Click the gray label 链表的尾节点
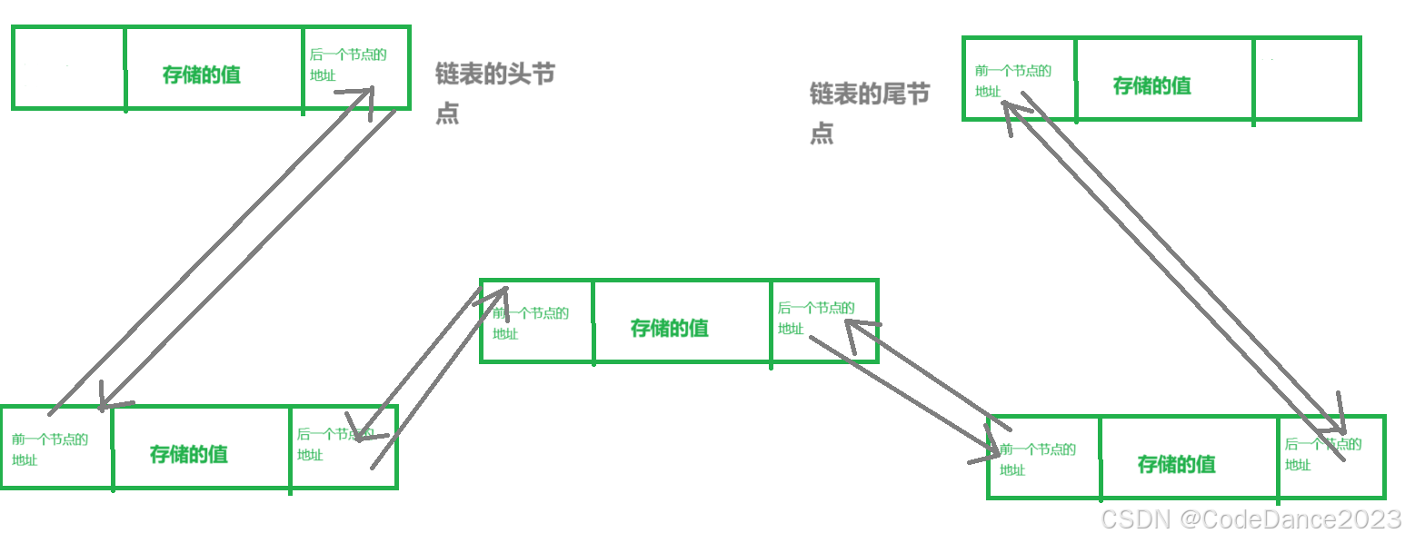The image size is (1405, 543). tap(869, 113)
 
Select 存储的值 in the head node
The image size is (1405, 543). tap(202, 74)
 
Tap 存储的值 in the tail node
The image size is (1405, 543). tap(1151, 85)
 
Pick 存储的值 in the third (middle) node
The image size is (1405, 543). tap(670, 328)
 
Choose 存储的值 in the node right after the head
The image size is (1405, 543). tap(189, 454)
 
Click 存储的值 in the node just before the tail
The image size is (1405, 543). tap(1177, 464)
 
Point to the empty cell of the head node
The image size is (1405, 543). tap(69, 68)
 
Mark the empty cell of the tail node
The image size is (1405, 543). tap(1306, 79)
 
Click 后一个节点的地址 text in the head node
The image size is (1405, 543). tap(347, 64)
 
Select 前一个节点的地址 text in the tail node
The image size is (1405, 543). tap(1012, 80)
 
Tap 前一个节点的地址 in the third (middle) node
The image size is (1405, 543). tap(531, 322)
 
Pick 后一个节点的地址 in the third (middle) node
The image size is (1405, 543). tap(815, 317)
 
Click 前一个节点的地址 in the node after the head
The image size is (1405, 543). tap(50, 449)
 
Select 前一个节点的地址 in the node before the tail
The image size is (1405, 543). tap(1037, 459)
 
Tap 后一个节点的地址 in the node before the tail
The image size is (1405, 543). tap(1322, 454)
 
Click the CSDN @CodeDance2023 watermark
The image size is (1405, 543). tap(1251, 518)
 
